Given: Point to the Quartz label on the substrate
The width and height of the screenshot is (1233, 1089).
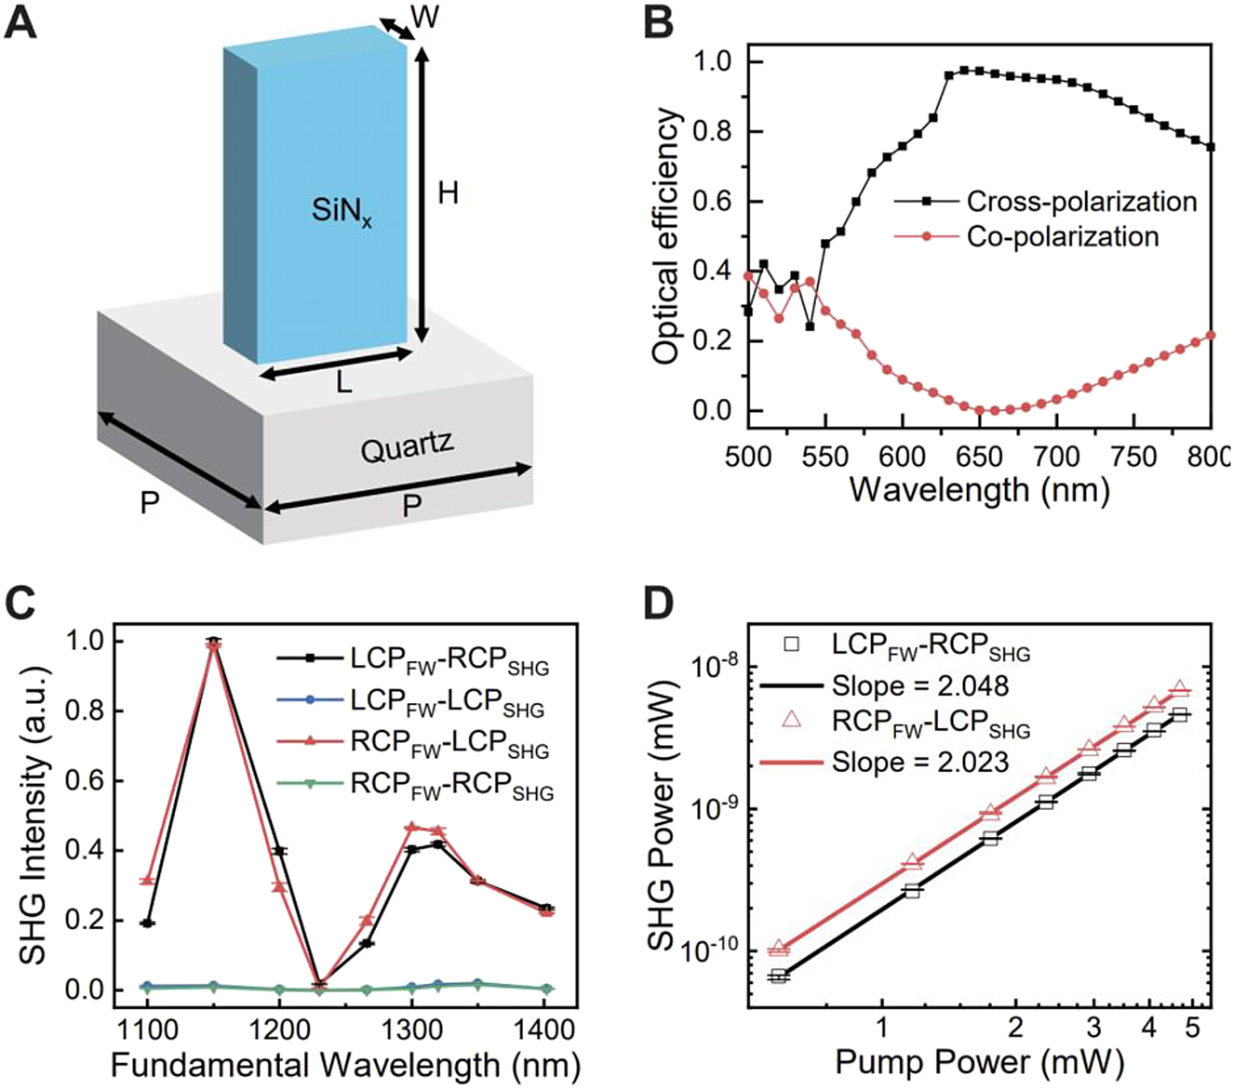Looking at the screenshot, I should coord(407,449).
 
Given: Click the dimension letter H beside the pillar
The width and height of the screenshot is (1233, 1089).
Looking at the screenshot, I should coord(449,193).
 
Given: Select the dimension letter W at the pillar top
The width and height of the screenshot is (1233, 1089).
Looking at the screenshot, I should coord(425,17).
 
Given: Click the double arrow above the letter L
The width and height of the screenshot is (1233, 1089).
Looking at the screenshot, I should coord(335,364).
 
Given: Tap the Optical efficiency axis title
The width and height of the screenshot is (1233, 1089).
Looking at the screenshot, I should coord(666,237).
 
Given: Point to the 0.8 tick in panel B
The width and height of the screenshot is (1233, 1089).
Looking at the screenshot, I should coord(713,132).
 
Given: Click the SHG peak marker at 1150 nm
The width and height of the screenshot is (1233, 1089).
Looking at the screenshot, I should coord(214,644).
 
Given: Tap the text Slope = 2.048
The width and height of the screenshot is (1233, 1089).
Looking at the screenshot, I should coord(920,686).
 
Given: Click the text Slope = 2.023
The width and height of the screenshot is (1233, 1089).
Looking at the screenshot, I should coord(920,763).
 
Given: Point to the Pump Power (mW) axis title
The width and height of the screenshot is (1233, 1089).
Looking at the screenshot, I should coord(979,1062).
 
